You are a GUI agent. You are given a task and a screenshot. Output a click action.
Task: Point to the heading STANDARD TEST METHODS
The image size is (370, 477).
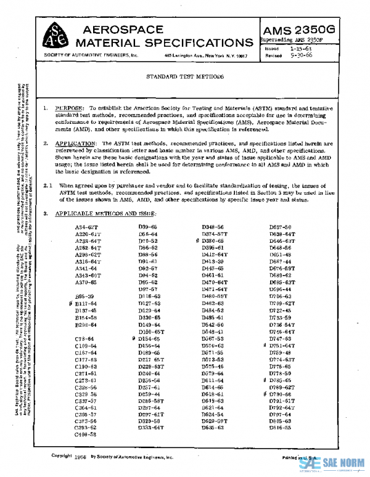point(184,78)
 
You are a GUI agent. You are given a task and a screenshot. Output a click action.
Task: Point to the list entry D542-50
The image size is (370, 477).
point(213,324)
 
